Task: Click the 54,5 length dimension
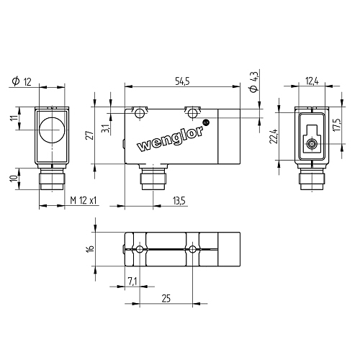click(x=182, y=81)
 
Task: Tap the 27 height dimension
click(x=90, y=135)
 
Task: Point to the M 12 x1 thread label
click(x=84, y=200)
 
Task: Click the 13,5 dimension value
click(x=179, y=200)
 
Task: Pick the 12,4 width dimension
click(x=312, y=81)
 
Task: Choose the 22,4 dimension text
click(x=274, y=136)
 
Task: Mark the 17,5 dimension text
click(x=337, y=124)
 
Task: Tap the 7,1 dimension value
click(x=132, y=281)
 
